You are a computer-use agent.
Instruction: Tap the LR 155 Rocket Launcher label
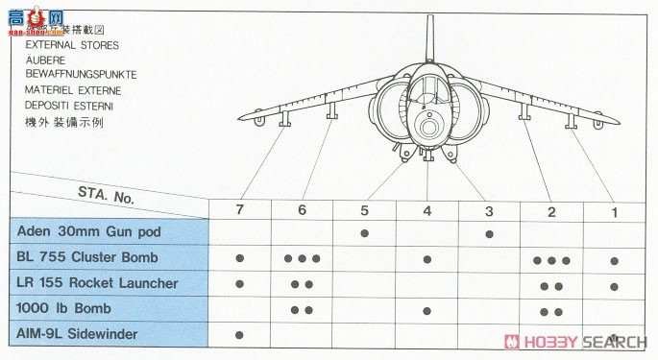[x=97, y=283]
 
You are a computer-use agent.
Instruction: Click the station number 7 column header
[x=239, y=209]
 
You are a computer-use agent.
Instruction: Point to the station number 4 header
[x=426, y=209]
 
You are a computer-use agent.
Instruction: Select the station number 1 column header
[x=614, y=209]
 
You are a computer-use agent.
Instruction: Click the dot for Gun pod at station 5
[x=364, y=233]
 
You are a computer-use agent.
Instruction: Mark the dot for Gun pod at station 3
[x=489, y=233]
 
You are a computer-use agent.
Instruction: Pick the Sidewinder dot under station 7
[x=239, y=334]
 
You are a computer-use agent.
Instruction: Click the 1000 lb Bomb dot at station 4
[x=426, y=309]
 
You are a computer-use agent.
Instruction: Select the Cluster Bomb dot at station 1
[x=614, y=259]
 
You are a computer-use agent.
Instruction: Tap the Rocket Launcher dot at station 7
[x=239, y=284]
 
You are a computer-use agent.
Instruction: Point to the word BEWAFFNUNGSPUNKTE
[x=82, y=74]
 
